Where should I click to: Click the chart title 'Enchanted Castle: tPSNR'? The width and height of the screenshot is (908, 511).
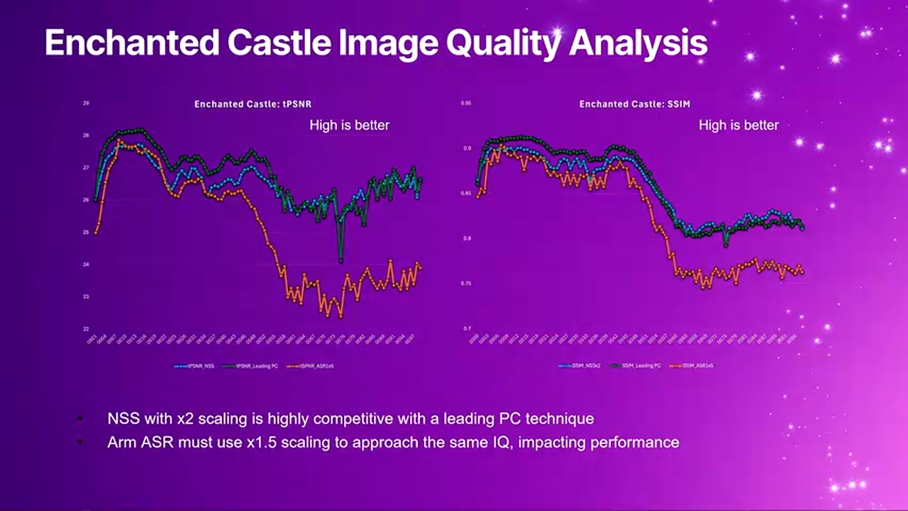pos(253,104)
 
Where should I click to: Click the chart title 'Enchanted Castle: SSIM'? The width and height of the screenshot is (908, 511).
pos(634,104)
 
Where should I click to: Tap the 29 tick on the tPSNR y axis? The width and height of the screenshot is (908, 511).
pos(86,104)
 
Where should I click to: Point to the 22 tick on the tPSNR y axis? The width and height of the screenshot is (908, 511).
pos(86,329)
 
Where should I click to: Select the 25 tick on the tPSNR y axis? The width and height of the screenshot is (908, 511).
pos(86,233)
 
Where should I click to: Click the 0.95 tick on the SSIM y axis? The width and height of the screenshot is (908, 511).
pos(466,104)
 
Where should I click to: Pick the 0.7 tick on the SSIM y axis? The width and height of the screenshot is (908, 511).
pos(467,329)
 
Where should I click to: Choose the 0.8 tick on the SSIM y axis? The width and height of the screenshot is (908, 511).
pos(467,239)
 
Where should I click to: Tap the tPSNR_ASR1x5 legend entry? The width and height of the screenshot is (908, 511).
pos(312,366)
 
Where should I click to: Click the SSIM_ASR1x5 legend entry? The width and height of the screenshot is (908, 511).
pos(694,366)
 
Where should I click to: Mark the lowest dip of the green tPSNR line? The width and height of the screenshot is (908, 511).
pos(341,260)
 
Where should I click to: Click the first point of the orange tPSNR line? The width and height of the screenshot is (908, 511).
pos(96,232)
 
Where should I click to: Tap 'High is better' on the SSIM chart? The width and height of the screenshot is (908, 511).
pos(738,126)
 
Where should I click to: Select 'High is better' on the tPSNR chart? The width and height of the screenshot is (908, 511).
pos(349,126)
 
